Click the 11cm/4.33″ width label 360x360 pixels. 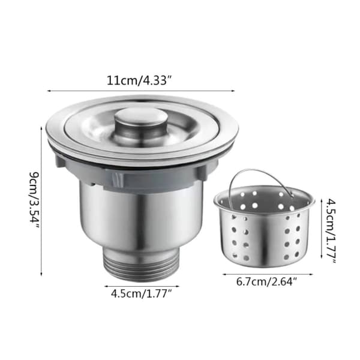[x=139, y=80]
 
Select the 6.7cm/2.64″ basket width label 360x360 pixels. [x=266, y=282]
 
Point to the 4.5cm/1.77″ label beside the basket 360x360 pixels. [x=331, y=232]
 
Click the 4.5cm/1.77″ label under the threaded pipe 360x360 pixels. [x=142, y=293]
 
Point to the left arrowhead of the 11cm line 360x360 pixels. [x=49, y=91]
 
